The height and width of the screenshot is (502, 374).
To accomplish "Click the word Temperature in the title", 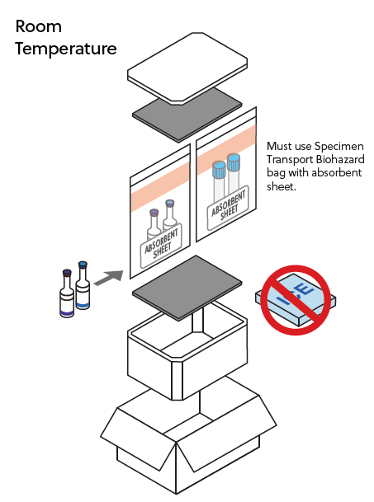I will coord(66,49).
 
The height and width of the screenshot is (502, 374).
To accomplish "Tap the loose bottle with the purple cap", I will coord(66,294).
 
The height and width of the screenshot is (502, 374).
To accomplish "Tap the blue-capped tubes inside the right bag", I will coord(226,176).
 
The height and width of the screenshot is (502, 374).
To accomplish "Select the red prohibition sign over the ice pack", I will coord(296,298).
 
